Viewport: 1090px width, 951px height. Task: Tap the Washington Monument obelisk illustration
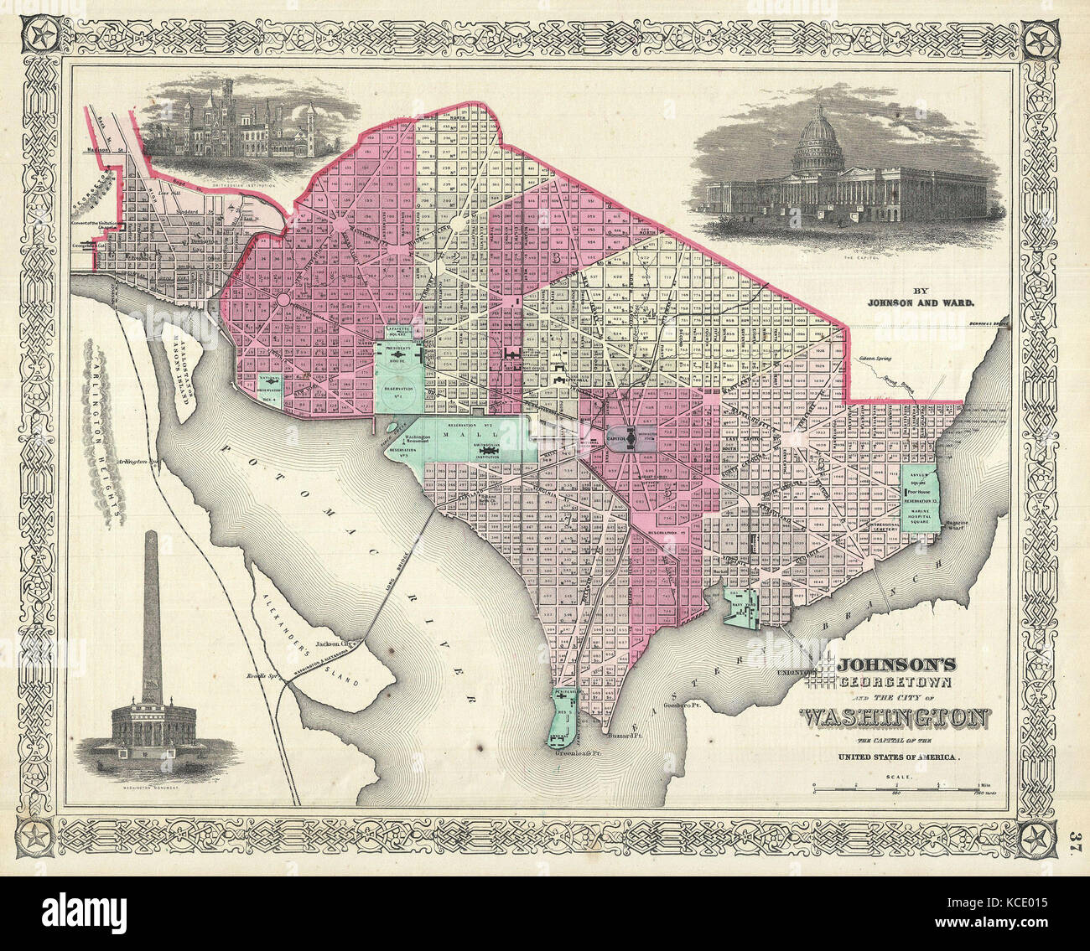click(151, 620)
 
